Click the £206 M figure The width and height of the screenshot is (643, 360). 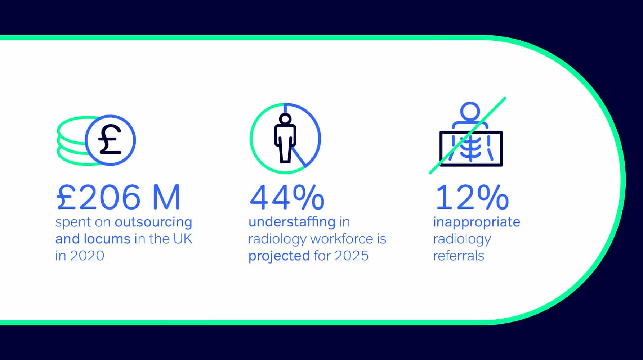click(x=118, y=197)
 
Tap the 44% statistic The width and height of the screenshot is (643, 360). click(x=287, y=197)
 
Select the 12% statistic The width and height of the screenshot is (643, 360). click(x=472, y=197)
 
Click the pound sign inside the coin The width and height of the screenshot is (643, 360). click(x=110, y=140)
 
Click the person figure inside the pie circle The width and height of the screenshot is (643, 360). click(x=285, y=138)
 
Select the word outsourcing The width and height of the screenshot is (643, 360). click(x=153, y=222)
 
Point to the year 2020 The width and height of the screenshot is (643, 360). click(x=87, y=256)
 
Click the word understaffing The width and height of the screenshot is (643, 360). click(x=292, y=222)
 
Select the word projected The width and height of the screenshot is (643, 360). click(x=279, y=256)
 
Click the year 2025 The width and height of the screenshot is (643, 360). click(x=352, y=256)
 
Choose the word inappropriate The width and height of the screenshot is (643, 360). click(x=477, y=222)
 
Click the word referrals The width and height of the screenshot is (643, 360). click(x=459, y=256)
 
